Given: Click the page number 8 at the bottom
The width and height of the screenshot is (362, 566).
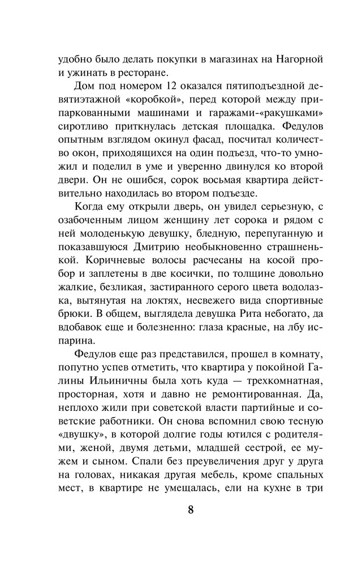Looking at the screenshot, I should pyautogui.click(x=191, y=509).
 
